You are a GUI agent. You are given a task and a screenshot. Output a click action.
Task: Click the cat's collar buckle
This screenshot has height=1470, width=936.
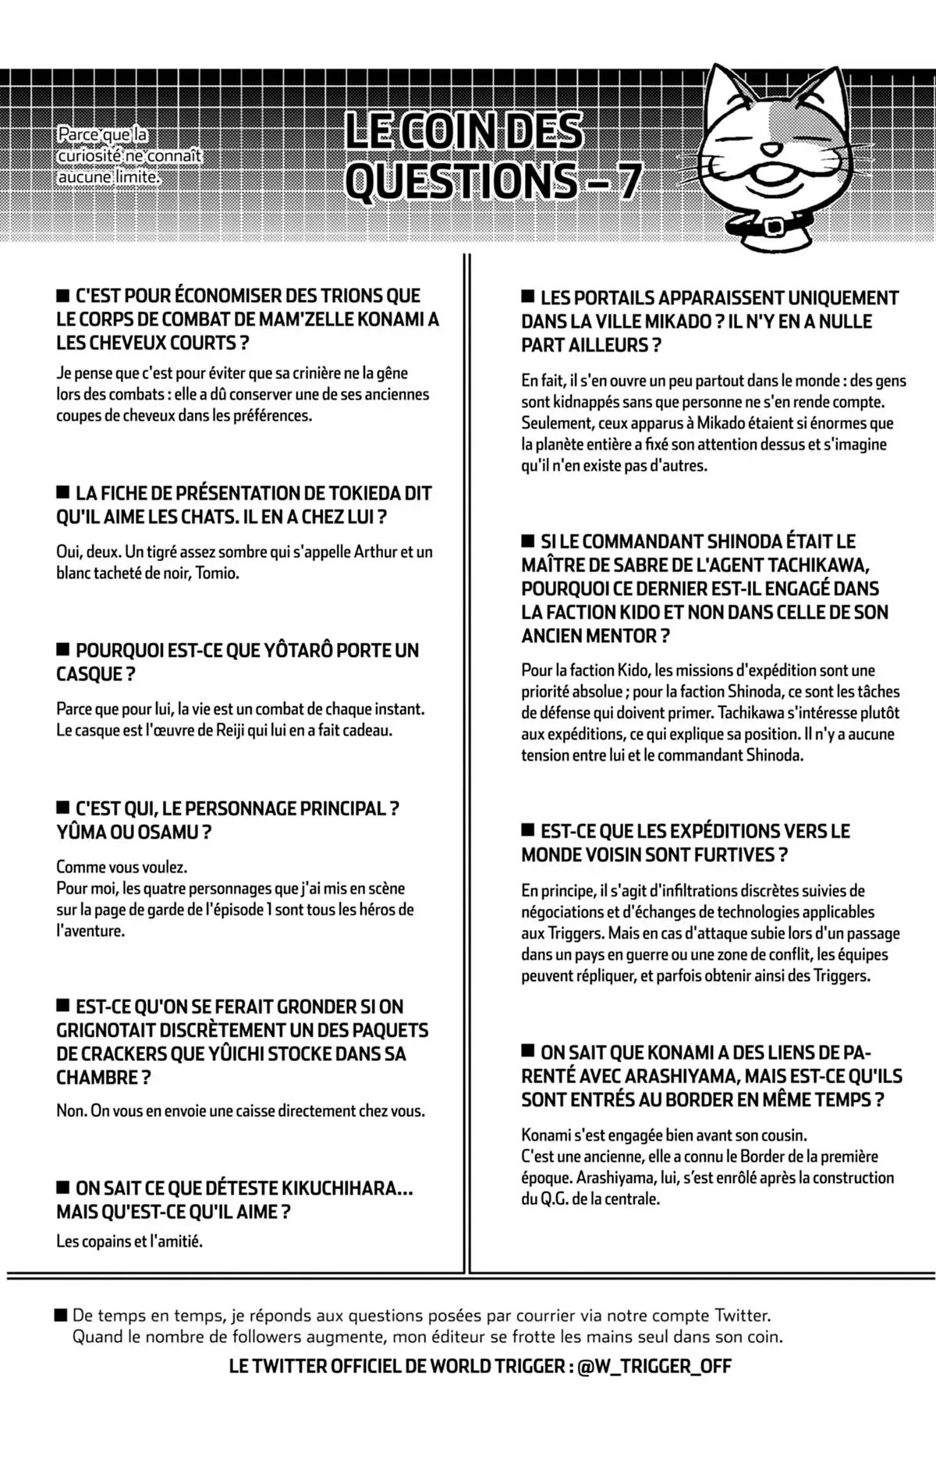[775, 226]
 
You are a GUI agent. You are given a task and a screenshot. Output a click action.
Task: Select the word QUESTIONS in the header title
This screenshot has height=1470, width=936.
[461, 181]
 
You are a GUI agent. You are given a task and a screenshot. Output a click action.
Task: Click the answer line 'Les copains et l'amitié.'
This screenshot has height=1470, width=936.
[129, 1241]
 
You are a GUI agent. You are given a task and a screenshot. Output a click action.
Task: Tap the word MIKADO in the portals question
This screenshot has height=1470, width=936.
[673, 321]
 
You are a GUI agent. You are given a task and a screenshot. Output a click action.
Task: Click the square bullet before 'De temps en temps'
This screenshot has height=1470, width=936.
[61, 1316]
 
